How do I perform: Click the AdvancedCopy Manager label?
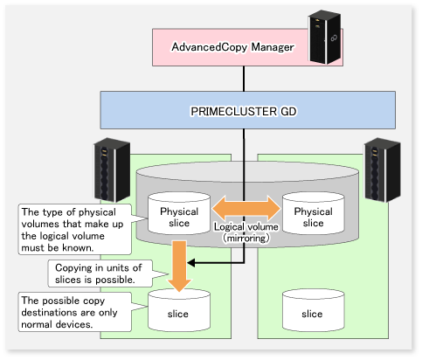coord(232,47)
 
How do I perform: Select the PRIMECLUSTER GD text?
coord(244,111)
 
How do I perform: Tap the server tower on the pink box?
coord(325,37)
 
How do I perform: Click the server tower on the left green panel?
coord(112,170)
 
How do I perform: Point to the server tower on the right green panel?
coord(383,170)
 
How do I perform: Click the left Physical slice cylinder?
coord(179,213)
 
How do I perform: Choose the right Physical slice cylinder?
coord(314,213)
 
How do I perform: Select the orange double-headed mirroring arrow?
coord(246,208)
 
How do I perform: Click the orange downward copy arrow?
coord(179,266)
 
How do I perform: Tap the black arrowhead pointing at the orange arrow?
coord(191,263)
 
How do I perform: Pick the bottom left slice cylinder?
coord(179,310)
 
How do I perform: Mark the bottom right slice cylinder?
coord(314,310)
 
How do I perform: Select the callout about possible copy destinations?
coord(75,312)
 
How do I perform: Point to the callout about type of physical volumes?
coord(75,229)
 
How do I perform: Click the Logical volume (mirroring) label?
coord(246,232)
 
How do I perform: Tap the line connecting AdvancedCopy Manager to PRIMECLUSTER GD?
coord(244,79)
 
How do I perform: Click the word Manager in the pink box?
coord(273,47)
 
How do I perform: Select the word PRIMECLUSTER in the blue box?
coord(233,111)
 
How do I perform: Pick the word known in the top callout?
coord(78,247)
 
